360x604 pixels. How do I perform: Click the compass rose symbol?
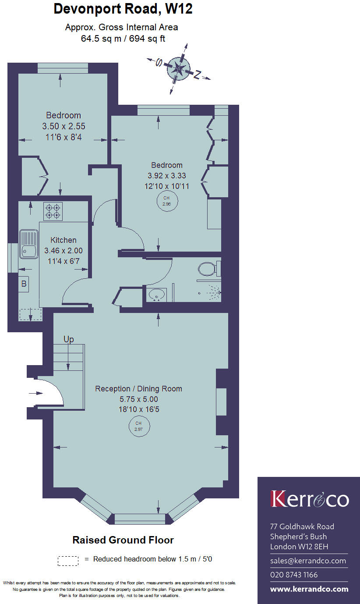179,68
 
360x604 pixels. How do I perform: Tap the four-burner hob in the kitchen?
53,211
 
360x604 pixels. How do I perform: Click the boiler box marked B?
24,284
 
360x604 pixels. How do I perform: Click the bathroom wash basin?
155,295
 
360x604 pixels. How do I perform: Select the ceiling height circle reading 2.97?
139,426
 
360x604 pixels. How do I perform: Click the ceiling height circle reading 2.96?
166,201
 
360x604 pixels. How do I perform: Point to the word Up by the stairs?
69,339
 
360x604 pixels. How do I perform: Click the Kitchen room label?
64,240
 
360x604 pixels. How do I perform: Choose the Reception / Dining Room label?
138,389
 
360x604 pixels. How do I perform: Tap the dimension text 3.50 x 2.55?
64,126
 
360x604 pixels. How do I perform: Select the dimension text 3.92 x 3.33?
166,175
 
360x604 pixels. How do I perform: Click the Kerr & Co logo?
309,499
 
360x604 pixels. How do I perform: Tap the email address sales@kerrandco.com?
308,561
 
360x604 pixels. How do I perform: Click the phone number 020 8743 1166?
294,575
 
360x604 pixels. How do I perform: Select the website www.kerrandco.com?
309,589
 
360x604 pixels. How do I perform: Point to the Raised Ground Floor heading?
123,540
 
